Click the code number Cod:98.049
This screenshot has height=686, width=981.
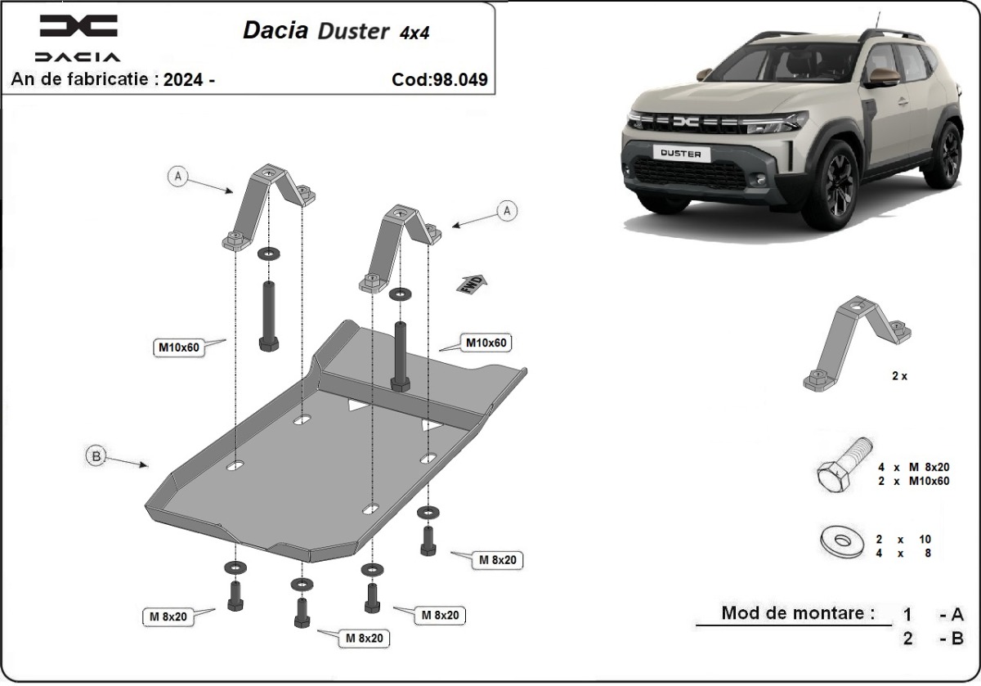(x=440, y=79)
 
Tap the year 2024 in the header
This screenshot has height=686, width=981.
(x=183, y=79)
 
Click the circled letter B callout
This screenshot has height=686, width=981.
(x=96, y=457)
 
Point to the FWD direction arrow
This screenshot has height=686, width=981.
(x=472, y=284)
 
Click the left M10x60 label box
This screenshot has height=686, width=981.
(x=177, y=347)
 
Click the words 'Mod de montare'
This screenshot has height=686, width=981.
(x=792, y=612)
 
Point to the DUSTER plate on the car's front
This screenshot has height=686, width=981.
(x=686, y=152)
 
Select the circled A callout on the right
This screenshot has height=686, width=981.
(x=508, y=211)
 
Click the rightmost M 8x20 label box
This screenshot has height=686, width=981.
(x=496, y=560)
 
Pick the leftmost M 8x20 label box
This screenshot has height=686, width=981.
(x=170, y=617)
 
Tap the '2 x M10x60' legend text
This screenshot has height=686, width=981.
(x=912, y=481)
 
